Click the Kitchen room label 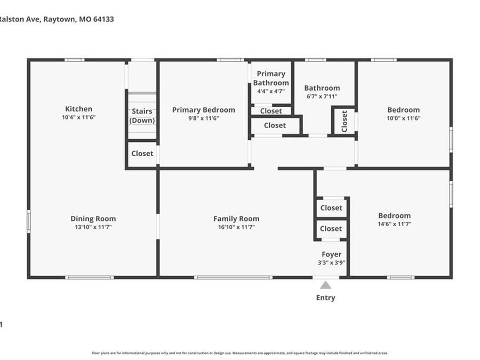point(78,109)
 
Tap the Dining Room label point(93,219)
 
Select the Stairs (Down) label point(142,116)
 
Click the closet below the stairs point(142,154)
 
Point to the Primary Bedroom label point(203,110)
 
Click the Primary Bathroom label point(271,78)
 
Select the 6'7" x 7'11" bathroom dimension point(322,97)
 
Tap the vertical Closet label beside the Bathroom point(345,121)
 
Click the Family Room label point(236,219)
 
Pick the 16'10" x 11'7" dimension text point(236,227)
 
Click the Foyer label point(331,254)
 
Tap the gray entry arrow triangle point(325,285)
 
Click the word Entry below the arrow point(325,298)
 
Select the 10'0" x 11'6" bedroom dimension point(403,118)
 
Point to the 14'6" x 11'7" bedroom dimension point(395,225)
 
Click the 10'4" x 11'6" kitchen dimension point(78,117)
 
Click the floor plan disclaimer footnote point(239,353)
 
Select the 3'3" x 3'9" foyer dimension point(331,263)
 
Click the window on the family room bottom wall point(233,277)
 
